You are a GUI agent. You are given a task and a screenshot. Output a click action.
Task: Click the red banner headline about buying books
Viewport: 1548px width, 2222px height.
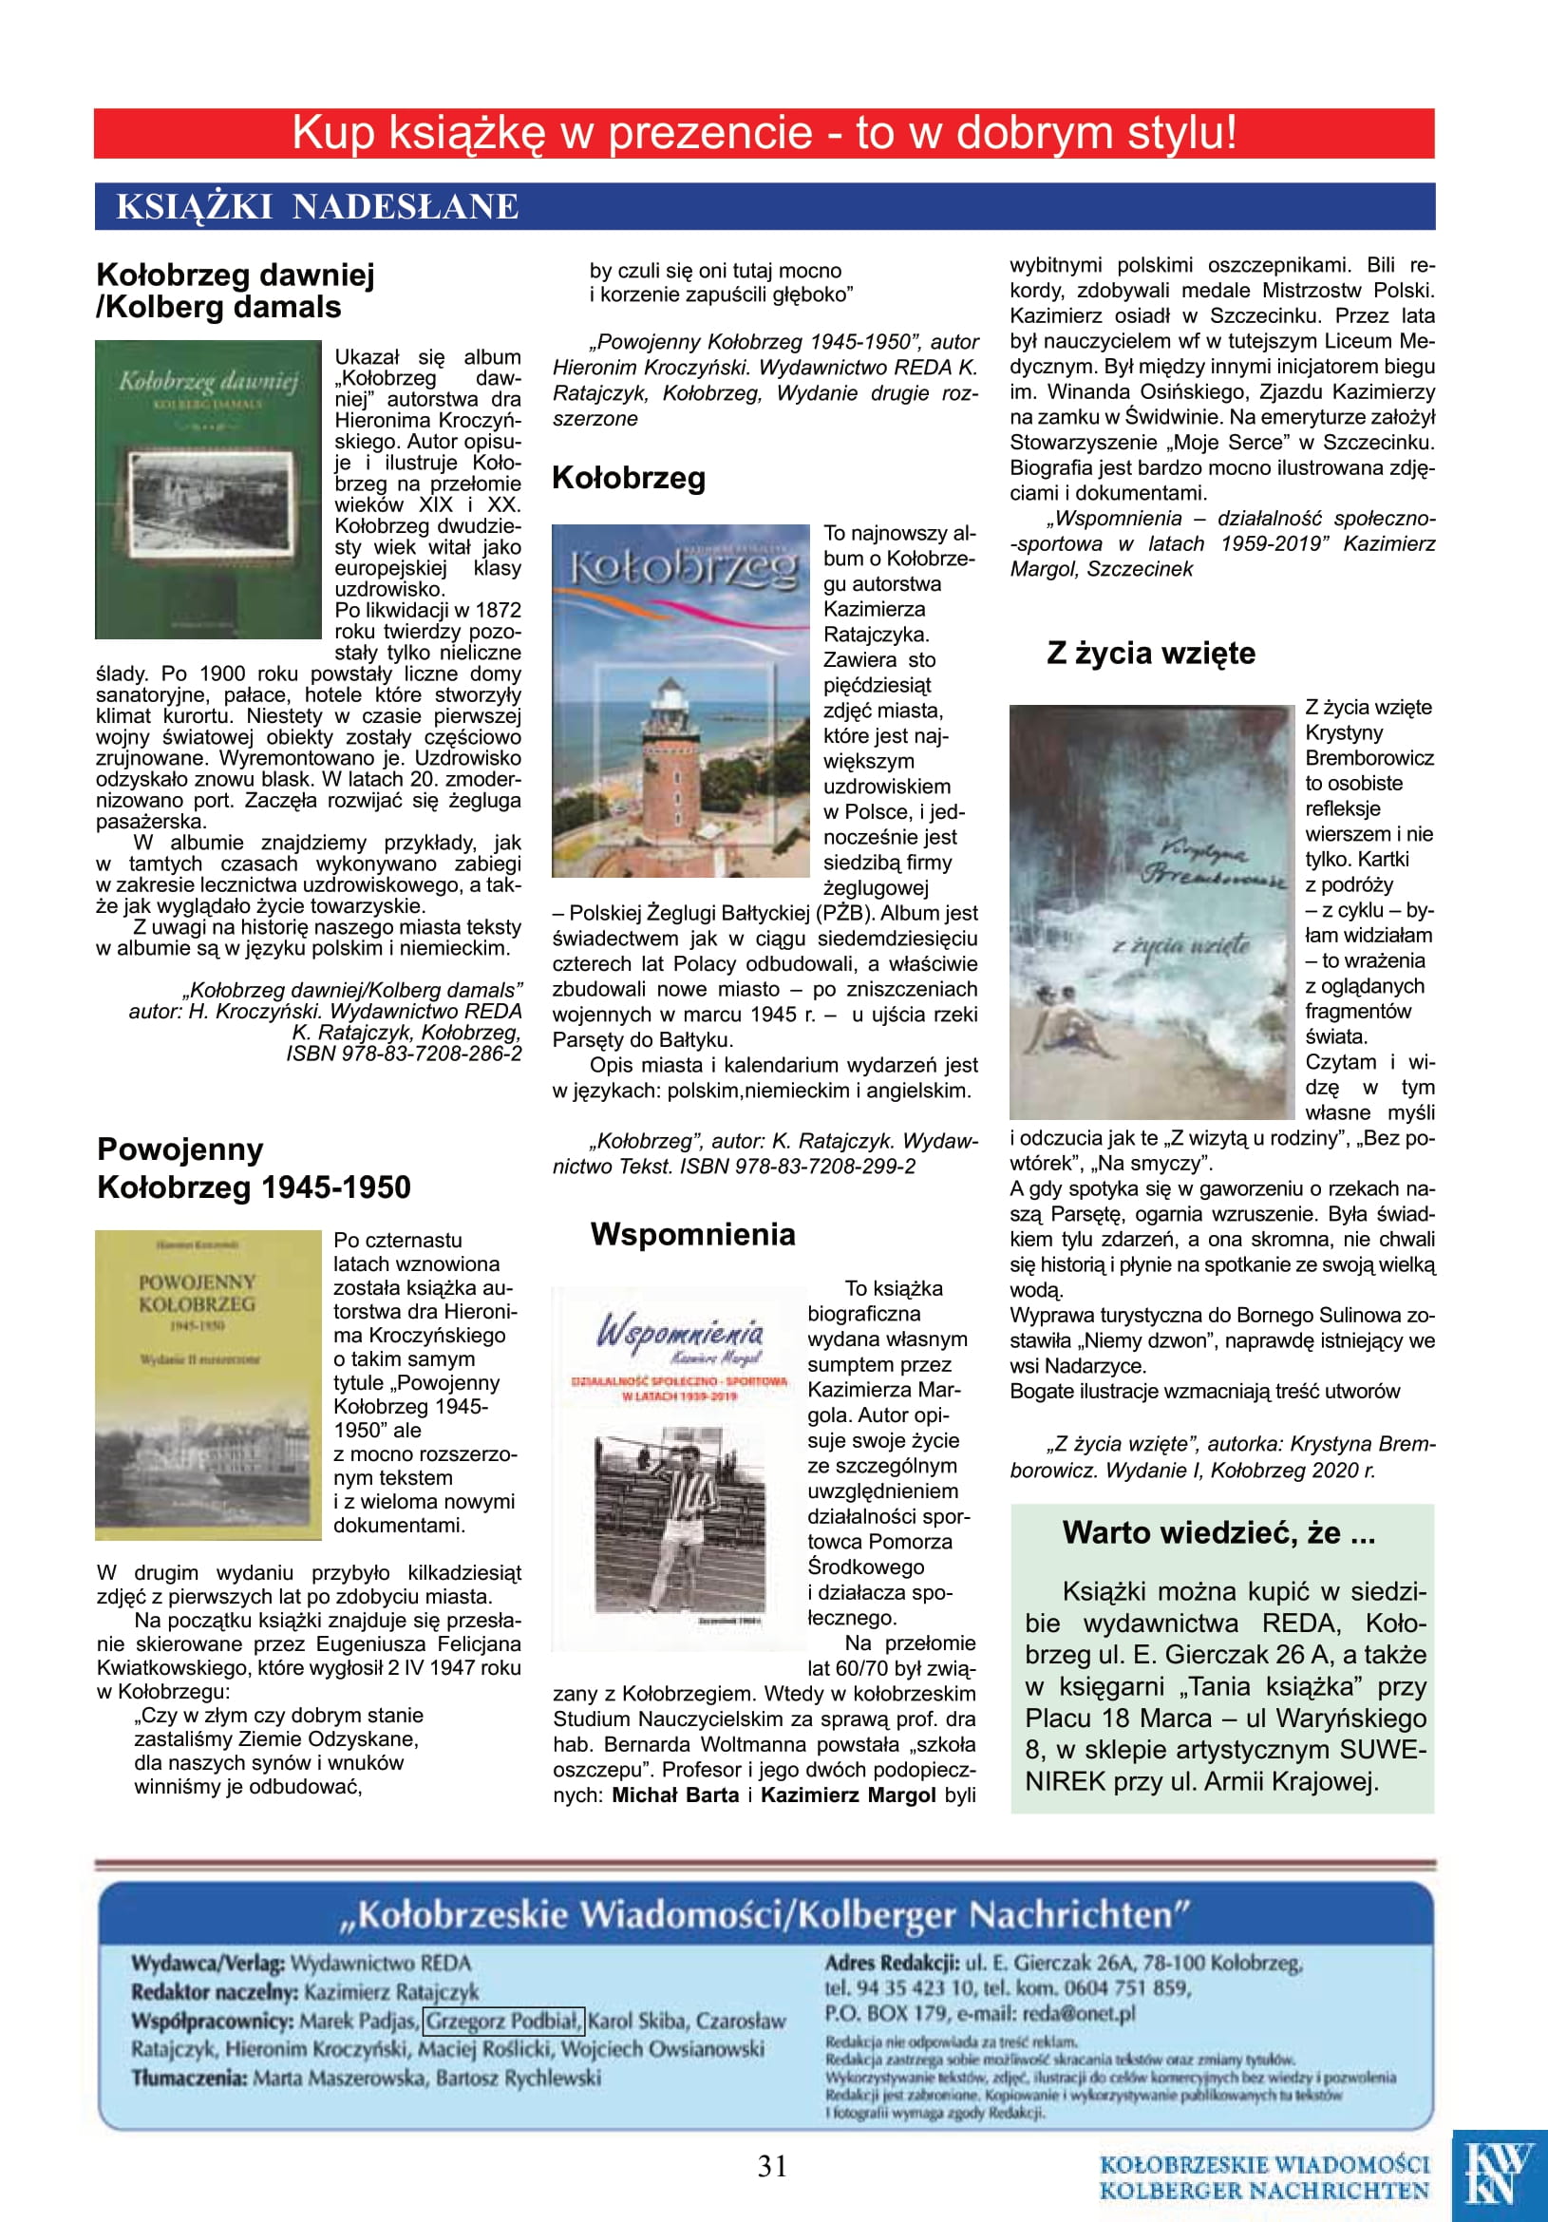click(765, 134)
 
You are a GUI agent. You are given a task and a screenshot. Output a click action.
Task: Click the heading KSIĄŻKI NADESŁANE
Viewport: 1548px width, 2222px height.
click(317, 207)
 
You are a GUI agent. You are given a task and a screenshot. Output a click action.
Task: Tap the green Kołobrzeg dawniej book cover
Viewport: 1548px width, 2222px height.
click(208, 488)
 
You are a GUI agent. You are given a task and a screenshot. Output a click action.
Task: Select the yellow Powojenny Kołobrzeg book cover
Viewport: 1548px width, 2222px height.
click(208, 1385)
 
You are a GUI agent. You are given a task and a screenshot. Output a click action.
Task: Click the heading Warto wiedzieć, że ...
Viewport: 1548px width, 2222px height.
click(1218, 1533)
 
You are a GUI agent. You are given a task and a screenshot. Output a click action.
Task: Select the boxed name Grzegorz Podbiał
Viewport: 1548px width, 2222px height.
click(504, 2021)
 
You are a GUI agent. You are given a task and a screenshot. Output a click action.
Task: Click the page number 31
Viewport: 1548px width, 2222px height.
click(772, 2166)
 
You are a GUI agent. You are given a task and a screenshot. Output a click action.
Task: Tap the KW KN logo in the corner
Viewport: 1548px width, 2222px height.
click(1499, 2175)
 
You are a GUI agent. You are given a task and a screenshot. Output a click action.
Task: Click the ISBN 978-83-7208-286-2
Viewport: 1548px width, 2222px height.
click(404, 1054)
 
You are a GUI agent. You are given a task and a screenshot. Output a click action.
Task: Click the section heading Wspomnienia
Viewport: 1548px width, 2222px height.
click(692, 1235)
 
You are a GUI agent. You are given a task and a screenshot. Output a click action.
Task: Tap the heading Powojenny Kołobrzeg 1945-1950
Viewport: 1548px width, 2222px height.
click(254, 1168)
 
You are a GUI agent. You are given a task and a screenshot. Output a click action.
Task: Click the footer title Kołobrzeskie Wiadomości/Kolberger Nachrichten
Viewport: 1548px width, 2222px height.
click(765, 1915)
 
